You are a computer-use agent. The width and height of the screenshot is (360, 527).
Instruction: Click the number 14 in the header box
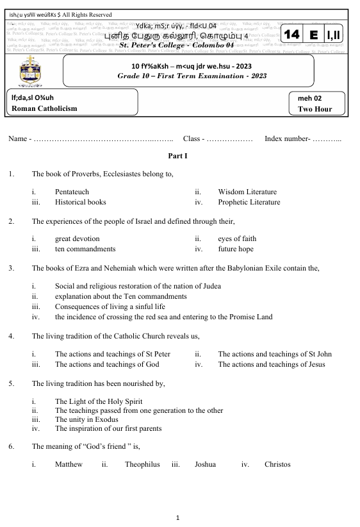coord(291,34)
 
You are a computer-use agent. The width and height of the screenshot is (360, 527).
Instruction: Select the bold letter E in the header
coord(314,34)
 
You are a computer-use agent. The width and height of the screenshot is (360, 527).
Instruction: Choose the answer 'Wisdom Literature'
coord(247,192)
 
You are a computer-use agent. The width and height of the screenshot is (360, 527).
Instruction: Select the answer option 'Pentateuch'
coord(72,192)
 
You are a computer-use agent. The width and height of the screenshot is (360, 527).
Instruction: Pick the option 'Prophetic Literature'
coord(249,202)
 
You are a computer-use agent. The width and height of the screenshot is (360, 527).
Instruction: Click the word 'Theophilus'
coord(142,464)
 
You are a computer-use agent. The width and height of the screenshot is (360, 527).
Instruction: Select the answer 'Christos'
coord(277,464)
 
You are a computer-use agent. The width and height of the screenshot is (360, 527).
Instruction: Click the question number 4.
coord(12,336)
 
